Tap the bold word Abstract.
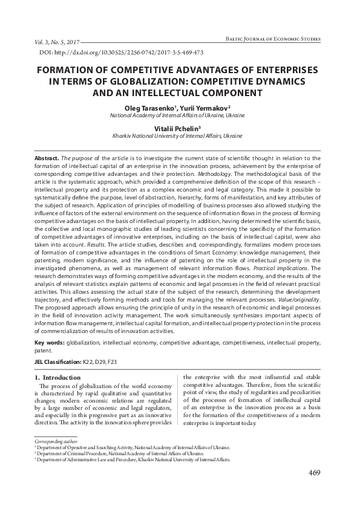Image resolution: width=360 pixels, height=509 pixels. [x=46, y=157]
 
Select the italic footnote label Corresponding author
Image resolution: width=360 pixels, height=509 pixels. [x=54, y=441]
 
